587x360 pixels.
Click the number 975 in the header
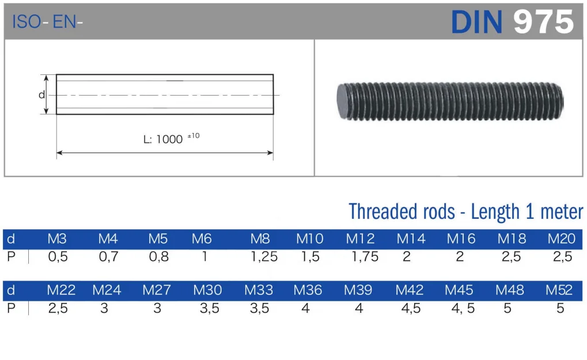click(544, 22)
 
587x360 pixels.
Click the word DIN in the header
click(478, 22)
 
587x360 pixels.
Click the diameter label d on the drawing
click(41, 94)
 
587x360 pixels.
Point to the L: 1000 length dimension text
click(164, 139)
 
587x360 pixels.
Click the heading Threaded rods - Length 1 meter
click(465, 211)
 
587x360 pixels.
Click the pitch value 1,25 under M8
click(264, 257)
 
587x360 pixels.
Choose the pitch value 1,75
click(365, 257)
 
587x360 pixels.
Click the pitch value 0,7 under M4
click(108, 257)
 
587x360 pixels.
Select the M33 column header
click(259, 290)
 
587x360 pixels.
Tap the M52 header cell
click(560, 290)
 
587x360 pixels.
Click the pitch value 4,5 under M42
click(411, 308)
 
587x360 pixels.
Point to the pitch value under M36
click(305, 308)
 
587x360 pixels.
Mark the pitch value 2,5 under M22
click(58, 308)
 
